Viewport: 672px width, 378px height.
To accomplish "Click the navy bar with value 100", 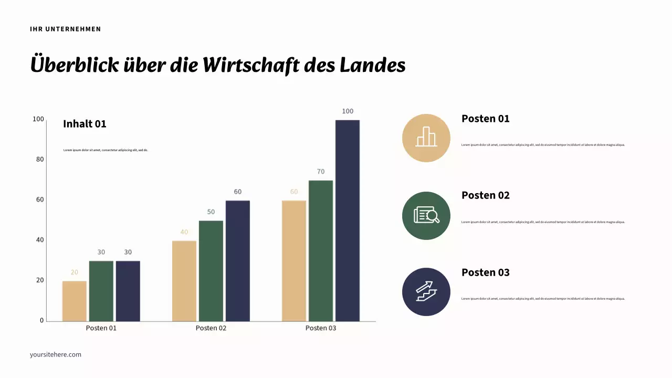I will point(348,220).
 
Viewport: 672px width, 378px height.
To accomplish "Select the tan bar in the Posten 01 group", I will point(75,301).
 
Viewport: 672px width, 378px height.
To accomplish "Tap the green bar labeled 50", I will point(211,271).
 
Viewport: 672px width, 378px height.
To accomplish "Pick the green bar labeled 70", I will point(321,250).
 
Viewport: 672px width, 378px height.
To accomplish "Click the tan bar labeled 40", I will point(184,281).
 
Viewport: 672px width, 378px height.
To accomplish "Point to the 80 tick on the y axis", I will point(40,159).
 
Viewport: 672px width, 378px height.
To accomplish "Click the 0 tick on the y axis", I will point(42,320).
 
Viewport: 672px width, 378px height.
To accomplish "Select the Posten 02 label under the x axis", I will point(211,328).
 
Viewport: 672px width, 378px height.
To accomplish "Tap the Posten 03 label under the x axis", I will point(321,328).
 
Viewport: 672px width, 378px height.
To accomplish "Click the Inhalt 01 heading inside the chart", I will point(85,124).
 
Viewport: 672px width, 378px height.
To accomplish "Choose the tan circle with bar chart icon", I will point(426,138).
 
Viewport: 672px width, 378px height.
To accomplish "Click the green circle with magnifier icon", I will point(426,215).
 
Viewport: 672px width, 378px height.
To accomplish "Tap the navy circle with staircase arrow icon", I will point(426,292).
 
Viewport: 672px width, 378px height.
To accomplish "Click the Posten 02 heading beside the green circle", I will point(485,195).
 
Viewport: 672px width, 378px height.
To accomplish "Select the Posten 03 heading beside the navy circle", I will point(485,272).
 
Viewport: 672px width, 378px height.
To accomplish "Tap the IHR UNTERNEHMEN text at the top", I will point(66,29).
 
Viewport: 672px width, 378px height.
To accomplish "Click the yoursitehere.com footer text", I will point(56,354).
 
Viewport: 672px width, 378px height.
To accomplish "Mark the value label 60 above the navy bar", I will point(238,192).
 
